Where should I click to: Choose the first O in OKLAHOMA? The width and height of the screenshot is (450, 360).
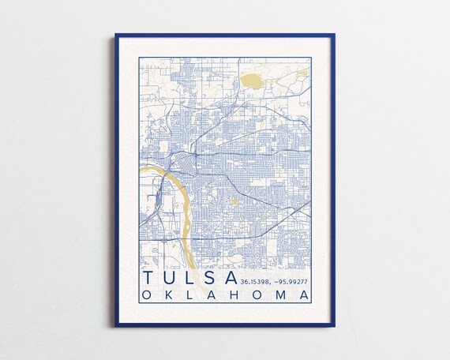point(148,295)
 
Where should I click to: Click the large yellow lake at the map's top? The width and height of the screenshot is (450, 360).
point(253,80)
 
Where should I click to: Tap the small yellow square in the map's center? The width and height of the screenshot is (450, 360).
point(234,201)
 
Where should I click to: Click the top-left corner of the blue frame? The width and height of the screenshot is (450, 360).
point(116,35)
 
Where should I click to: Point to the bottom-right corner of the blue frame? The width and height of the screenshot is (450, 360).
point(334,325)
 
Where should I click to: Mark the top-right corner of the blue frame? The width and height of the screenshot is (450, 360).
point(334,35)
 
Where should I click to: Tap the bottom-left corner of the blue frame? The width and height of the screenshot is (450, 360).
point(116,325)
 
